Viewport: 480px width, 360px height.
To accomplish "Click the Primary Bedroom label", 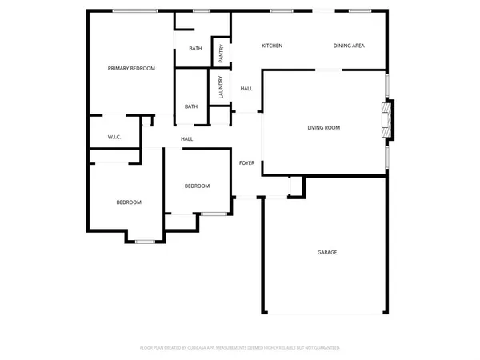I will pos(131,69).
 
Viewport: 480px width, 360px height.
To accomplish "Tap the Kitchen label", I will pos(272,46).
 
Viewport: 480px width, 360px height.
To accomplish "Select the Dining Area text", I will pos(349,46).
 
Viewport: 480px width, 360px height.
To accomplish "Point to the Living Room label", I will pos(324,127).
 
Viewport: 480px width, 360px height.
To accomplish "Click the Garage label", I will pos(326,252).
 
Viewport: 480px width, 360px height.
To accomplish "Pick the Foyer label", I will pos(246,163).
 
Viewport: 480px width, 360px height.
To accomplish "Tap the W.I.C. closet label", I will pos(114,138).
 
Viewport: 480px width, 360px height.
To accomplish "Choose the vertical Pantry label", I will pos(221,52).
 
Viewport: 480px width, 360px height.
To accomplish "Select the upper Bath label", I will pos(195,49).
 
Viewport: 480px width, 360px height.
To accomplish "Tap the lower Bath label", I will pos(191,106).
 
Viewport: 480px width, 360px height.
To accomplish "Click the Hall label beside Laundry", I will pos(246,88).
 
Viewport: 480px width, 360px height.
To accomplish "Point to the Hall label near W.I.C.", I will pos(186,139).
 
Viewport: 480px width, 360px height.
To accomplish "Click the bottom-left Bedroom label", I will pos(128,202).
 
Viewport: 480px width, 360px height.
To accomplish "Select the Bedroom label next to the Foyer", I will pos(197,186).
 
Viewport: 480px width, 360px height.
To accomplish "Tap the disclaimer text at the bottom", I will pos(240,348).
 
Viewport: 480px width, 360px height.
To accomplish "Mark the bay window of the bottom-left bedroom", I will pos(145,240).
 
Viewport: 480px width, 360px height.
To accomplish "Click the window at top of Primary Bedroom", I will pos(134,10).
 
